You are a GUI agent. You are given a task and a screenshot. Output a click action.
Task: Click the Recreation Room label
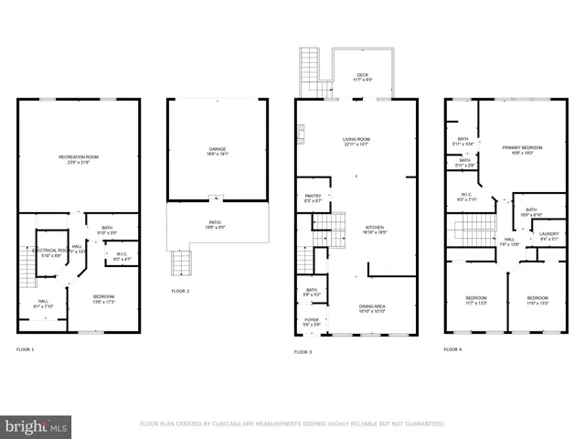(x=79, y=157)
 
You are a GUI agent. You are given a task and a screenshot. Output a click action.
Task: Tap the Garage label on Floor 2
(x=217, y=149)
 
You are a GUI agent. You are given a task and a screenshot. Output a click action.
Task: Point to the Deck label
(x=363, y=76)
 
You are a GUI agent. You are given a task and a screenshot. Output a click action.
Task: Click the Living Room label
(x=356, y=139)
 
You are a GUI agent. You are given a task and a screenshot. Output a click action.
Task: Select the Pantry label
(x=313, y=196)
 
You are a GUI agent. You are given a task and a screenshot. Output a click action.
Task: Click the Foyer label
(x=312, y=320)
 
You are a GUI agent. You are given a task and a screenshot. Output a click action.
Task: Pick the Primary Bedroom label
(x=522, y=147)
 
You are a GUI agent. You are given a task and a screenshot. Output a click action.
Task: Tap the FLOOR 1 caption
(x=25, y=350)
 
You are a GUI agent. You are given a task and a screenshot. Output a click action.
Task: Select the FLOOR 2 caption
(x=180, y=291)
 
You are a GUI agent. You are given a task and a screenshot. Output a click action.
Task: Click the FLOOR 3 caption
(x=303, y=352)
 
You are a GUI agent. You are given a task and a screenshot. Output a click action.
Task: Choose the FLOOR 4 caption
(x=452, y=349)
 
